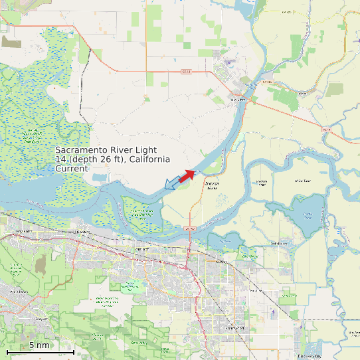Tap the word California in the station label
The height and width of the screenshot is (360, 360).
pyautogui.click(x=149, y=159)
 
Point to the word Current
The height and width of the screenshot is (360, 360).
pyautogui.click(x=71, y=169)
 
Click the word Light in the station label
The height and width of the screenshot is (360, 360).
pyautogui.click(x=144, y=150)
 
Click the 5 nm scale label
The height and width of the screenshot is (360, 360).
pyautogui.click(x=39, y=345)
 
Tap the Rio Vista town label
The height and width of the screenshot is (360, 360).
pyautogui.click(x=237, y=100)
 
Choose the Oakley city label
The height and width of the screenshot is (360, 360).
pyautogui.click(x=221, y=261)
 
